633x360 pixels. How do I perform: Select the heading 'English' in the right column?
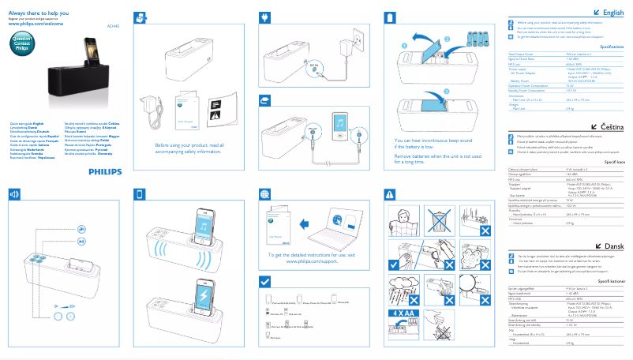[x=612, y=13]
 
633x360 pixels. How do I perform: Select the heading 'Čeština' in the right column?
[x=612, y=127]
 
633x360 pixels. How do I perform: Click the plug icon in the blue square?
[x=264, y=17]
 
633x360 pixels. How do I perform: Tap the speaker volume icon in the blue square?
[x=13, y=193]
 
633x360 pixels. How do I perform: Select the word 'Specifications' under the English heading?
[x=612, y=47]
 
